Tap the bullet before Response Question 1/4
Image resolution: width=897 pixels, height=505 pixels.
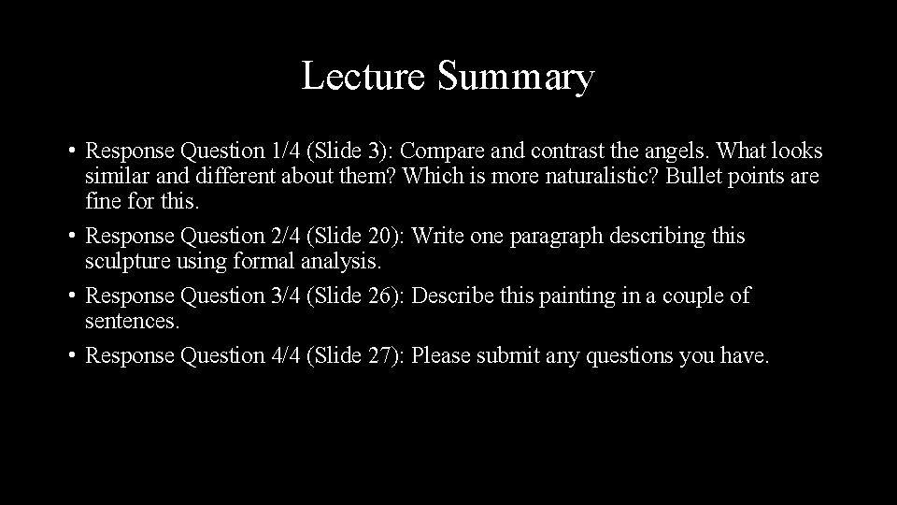point(71,151)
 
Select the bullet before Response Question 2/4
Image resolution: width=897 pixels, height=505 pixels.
point(71,237)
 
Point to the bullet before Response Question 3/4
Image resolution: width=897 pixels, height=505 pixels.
point(71,296)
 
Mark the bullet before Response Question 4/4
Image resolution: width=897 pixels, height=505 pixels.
point(71,356)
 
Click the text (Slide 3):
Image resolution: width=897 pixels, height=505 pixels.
point(356,151)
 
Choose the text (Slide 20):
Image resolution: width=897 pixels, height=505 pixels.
point(361,238)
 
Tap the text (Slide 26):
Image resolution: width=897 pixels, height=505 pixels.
point(361,297)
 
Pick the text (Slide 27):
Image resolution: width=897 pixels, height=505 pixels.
point(361,356)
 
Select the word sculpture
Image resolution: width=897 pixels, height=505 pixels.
point(124,263)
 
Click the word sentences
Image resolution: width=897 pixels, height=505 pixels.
point(132,323)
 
